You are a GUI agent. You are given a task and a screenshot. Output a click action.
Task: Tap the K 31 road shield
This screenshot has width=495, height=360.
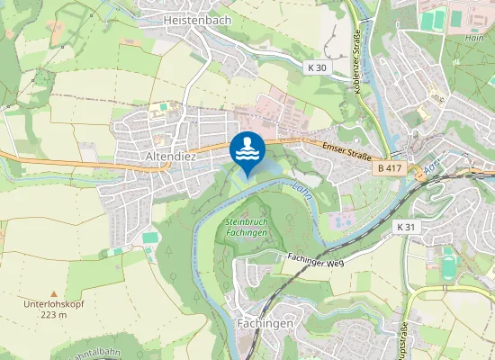[x=407, y=227]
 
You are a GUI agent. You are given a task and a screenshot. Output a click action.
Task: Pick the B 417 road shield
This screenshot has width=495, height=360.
[x=389, y=167]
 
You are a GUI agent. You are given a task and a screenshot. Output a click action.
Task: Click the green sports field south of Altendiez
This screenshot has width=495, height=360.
[x=150, y=238]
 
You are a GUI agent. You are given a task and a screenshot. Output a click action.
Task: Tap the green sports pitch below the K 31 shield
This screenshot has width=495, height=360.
[x=449, y=265]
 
